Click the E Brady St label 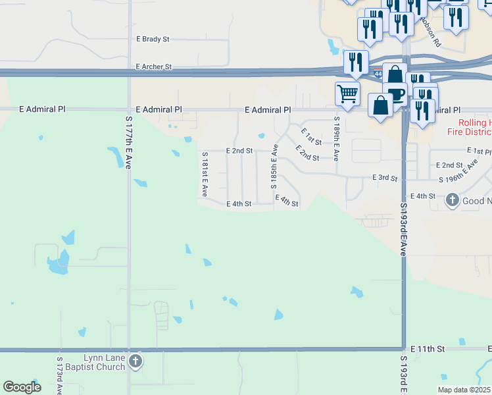click(153, 39)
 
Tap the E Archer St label click(154, 67)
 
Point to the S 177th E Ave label click(129, 142)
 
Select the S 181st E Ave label click(205, 174)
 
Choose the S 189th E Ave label click(336, 139)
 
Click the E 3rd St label click(385, 178)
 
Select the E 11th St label click(428, 348)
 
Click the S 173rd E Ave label click(59, 377)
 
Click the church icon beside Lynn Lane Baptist click(135, 361)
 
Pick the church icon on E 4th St click(453, 199)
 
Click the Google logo click(22, 387)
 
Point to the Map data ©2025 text click(464, 390)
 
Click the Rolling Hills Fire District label click(473, 128)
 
